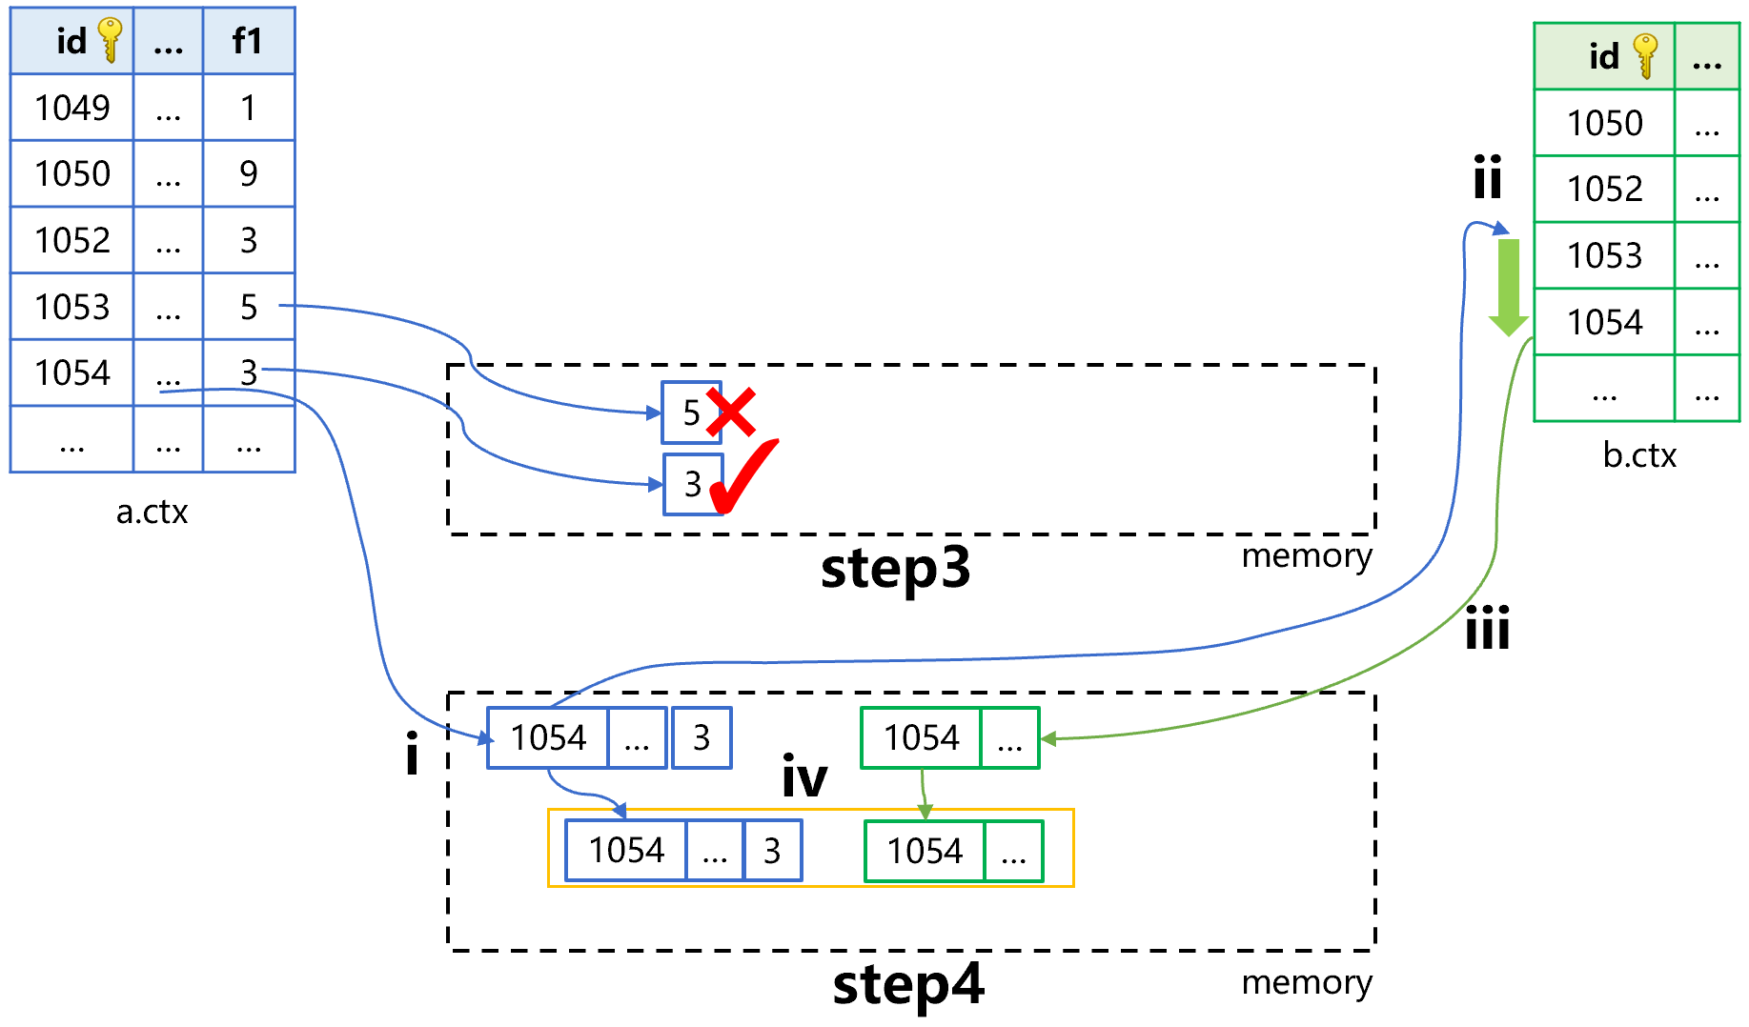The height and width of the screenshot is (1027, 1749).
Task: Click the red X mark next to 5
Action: (731, 413)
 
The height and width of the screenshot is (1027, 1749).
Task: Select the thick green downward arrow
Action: (1508, 287)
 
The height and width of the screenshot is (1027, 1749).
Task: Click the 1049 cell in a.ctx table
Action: (72, 108)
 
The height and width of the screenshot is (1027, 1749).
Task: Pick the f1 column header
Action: (248, 41)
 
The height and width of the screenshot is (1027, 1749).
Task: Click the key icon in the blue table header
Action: (111, 40)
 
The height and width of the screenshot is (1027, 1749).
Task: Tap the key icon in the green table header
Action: (1645, 55)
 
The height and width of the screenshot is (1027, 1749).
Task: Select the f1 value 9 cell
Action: (249, 173)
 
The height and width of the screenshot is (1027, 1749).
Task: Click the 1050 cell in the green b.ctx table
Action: (1605, 123)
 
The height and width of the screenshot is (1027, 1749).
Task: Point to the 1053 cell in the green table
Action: (1605, 255)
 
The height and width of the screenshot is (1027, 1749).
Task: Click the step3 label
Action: (895, 569)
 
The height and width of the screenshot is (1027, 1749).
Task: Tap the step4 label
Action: (907, 985)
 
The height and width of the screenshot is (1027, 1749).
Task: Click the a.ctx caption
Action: (152, 513)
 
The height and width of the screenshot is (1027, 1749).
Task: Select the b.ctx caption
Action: (1639, 455)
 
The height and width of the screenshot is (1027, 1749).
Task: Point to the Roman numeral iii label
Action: (1488, 628)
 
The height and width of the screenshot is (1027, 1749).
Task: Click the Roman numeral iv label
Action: (804, 775)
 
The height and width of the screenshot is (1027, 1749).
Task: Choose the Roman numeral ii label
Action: (1488, 177)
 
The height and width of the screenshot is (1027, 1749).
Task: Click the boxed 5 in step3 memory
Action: (691, 413)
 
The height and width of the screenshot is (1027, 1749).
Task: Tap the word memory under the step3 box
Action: (1307, 556)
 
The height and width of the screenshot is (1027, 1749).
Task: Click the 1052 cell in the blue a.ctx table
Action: (72, 240)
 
